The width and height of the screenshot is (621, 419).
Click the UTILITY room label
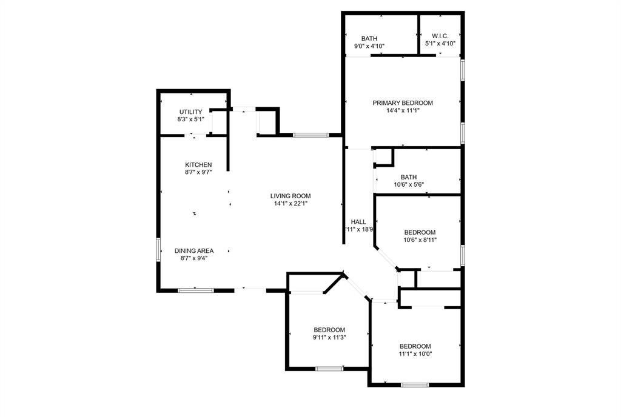click(x=190, y=112)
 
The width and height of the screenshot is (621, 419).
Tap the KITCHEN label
click(x=198, y=165)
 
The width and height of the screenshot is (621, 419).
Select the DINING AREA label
click(x=194, y=250)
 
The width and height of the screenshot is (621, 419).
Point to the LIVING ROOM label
click(x=290, y=196)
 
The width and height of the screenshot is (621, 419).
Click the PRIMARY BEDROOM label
click(x=403, y=103)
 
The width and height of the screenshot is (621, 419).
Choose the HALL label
click(x=358, y=222)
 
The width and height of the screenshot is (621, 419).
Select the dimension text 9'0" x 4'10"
click(x=369, y=45)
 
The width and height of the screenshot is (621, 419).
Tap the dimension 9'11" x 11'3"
click(x=329, y=337)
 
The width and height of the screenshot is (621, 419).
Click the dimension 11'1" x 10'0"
click(x=415, y=354)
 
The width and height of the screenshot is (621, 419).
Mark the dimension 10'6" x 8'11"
click(x=420, y=240)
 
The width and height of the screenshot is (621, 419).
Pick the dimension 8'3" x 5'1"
click(x=190, y=119)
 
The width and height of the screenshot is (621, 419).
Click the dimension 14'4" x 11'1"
click(x=403, y=110)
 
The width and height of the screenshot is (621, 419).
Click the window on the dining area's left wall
click(x=159, y=250)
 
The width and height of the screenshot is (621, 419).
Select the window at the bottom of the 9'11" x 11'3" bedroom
click(x=329, y=368)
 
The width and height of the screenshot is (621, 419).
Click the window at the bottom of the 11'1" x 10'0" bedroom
click(x=415, y=384)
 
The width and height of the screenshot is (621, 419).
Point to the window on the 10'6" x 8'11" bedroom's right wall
click(x=462, y=255)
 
